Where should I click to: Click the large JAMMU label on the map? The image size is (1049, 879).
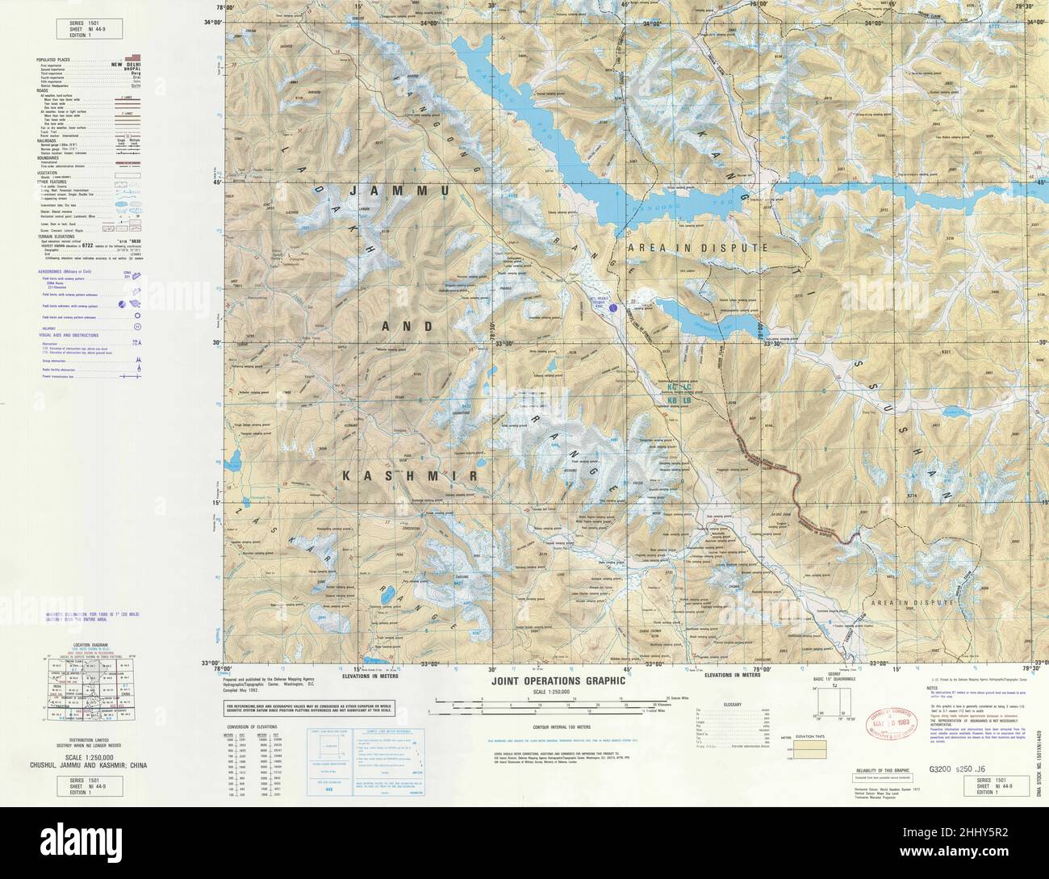[x=401, y=191]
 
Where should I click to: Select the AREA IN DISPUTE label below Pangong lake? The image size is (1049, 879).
[x=697, y=249]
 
